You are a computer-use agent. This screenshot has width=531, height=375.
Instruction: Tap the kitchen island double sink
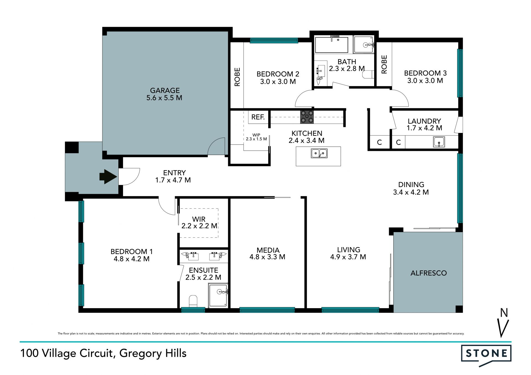[319, 153]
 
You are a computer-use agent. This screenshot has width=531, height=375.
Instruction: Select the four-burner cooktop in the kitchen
[307, 117]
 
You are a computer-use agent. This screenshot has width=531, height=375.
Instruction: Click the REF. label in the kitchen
[258, 117]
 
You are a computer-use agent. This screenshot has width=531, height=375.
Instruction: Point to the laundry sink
[439, 142]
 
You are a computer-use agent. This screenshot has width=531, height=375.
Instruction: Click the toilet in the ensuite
[193, 301]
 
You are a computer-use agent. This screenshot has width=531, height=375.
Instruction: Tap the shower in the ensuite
[218, 295]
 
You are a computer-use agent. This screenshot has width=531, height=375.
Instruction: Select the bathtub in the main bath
[332, 44]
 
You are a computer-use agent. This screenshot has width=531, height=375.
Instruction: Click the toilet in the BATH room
[368, 75]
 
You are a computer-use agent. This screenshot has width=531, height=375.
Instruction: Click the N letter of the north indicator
[504, 313]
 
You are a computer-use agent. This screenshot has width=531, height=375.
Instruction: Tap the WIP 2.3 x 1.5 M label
[256, 137]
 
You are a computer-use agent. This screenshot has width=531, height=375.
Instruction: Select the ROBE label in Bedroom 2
[237, 77]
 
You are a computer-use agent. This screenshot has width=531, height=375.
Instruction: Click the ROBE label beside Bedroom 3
[384, 64]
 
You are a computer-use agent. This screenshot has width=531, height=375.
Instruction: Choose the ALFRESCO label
[429, 273]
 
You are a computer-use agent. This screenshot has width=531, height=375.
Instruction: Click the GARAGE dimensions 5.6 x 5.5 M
[164, 98]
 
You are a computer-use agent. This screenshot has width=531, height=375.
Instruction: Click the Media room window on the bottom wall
[267, 310]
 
